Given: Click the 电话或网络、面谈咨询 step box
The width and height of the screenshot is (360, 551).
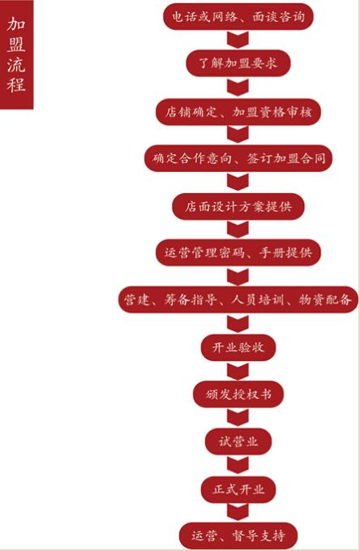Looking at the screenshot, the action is [x=238, y=16].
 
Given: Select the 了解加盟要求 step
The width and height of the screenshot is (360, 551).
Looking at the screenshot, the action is [x=238, y=63].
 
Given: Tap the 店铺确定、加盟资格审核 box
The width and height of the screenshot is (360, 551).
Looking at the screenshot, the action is [x=238, y=112].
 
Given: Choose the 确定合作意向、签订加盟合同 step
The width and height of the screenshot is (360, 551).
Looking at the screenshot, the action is [x=238, y=158].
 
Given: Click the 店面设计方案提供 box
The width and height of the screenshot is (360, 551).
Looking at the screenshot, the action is [x=238, y=206].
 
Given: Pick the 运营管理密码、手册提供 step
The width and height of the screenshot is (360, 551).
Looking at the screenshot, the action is [x=238, y=252].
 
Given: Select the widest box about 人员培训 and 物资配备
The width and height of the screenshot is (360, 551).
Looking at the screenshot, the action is [x=238, y=299].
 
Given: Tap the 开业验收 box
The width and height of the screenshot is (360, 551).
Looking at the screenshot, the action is [x=238, y=347].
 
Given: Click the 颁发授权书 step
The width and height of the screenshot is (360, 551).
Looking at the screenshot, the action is [x=238, y=394].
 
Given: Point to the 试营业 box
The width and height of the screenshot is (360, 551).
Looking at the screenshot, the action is [x=238, y=441].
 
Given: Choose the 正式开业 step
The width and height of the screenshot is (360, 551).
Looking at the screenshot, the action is [x=238, y=489].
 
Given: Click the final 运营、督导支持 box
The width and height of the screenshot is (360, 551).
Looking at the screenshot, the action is [x=238, y=536].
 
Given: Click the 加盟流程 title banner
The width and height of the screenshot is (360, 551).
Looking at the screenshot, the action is [x=16, y=54].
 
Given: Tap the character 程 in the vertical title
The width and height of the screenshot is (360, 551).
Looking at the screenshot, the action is [x=16, y=84].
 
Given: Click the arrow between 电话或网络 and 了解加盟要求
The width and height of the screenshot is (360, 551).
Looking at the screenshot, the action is [x=238, y=40].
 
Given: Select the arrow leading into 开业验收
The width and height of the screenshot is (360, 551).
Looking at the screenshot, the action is [x=238, y=324].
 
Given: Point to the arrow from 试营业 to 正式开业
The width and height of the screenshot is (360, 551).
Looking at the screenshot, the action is [x=238, y=465].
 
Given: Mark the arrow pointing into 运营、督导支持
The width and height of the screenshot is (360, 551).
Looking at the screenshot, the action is [x=238, y=512].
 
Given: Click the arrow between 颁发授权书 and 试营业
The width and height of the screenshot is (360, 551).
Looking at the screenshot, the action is [x=238, y=418].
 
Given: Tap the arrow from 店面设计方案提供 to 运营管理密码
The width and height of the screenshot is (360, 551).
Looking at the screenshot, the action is [x=238, y=230].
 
